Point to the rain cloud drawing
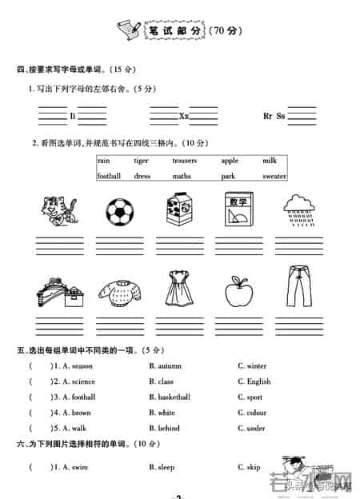[303, 210]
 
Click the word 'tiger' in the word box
[142, 161]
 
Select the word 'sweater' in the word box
[274, 176]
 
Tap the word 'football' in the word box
[109, 176]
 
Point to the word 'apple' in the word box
[230, 161]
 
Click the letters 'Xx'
[184, 116]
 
